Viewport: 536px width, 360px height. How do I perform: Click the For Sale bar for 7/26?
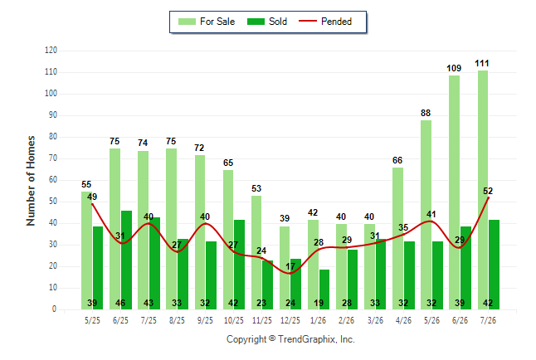pos(483,190)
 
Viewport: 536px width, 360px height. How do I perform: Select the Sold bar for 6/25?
pos(126,260)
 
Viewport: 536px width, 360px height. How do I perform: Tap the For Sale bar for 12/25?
pos(285,268)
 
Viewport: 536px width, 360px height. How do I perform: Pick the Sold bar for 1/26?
pos(324,289)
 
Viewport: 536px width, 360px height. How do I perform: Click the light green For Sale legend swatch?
pos(187,22)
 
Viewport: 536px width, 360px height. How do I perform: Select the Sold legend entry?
pos(267,22)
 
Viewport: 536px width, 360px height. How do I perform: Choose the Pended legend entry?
pos(325,22)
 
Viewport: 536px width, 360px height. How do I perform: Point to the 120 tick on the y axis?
pos(51,51)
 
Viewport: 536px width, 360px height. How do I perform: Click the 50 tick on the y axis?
pos(52,201)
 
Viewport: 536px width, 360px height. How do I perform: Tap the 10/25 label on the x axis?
pos(234,320)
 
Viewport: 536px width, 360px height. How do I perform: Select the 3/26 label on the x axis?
pos(375,320)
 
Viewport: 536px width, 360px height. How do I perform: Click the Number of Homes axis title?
pos(31,181)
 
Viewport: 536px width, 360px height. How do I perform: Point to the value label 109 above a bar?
pos(454,68)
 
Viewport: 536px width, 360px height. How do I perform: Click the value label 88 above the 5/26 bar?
pos(426,113)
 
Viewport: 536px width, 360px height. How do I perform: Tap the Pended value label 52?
pos(488,191)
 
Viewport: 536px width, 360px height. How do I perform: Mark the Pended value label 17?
pos(290,266)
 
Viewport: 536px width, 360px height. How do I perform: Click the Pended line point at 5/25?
pos(92,204)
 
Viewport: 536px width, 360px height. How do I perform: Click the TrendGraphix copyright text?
pos(290,339)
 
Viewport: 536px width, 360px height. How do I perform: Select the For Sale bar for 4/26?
pos(398,238)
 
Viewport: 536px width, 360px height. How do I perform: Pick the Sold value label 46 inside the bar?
pos(120,303)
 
